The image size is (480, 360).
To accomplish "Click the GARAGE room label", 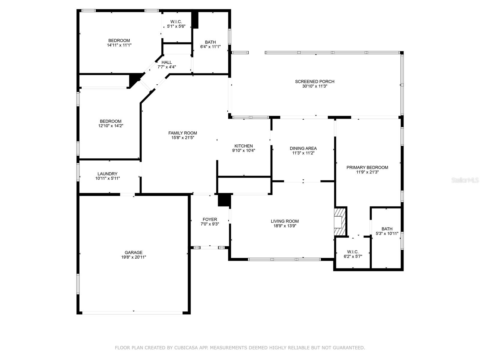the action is point(133,253).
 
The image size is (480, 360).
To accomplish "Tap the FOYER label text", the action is point(210,220).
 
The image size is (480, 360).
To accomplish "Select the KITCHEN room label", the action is point(244,146).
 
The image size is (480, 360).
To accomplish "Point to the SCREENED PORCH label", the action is point(314,82).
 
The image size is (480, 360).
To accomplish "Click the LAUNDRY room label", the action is point(107,174).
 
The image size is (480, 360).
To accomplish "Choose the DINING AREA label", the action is point(303,148).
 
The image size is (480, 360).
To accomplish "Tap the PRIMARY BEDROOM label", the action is point(367,167).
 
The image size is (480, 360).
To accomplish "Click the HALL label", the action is point(166,62).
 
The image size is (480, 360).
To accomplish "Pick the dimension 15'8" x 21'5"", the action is point(183,138).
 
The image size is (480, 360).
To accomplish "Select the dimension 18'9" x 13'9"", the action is point(284,226).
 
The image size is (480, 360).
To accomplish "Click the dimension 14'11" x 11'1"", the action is point(119,45).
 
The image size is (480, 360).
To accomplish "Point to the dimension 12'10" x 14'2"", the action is point(111,126).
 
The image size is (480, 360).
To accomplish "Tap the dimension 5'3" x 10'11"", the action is point(387,233).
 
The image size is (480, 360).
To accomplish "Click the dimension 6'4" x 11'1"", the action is point(210,47).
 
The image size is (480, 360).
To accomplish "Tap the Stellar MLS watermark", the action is point(465,180).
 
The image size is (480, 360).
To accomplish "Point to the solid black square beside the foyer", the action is point(224,200).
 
